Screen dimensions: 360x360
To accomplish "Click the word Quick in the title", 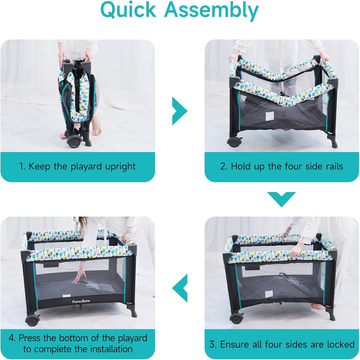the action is click(128, 10).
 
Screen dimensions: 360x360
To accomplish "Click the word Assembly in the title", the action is click(211, 11).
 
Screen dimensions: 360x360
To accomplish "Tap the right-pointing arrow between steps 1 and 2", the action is click(180, 111).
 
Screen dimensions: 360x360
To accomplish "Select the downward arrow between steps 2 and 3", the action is click(282, 199).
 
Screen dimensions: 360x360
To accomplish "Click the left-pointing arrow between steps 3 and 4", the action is click(180, 288).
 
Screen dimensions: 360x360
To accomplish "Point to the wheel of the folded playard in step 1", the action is click(75, 141).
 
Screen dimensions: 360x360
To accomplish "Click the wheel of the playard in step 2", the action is click(234, 142).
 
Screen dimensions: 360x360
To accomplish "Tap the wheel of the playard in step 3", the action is click(237, 318).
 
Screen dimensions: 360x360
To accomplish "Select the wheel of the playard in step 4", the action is click(32, 319).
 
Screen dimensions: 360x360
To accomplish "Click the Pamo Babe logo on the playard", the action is click(81, 301).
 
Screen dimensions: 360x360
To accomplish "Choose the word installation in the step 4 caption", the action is click(111, 349).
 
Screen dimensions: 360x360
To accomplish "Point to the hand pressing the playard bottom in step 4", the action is click(80, 276).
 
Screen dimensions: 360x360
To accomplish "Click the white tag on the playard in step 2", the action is click(270, 117).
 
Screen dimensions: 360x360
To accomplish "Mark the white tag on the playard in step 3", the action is click(269, 294).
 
